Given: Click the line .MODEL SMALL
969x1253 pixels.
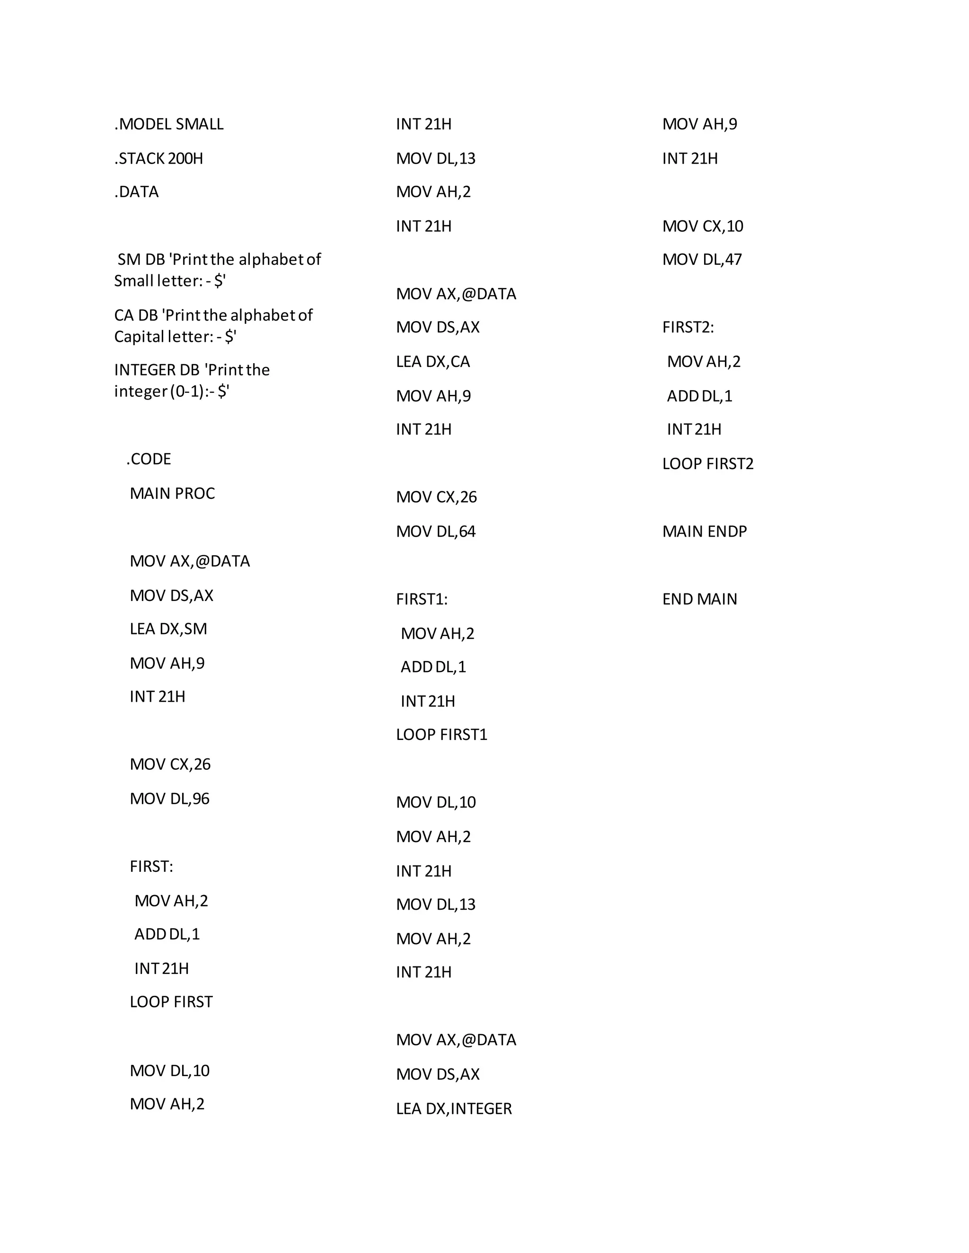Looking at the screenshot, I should tap(169, 124).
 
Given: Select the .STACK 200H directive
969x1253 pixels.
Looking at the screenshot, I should tap(159, 158).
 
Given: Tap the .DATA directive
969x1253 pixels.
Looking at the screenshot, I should tap(137, 192).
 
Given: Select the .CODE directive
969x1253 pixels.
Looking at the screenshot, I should tap(149, 460).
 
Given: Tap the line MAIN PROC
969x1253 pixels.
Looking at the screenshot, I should tap(172, 493).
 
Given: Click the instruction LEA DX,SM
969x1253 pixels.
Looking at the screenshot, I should tap(168, 629).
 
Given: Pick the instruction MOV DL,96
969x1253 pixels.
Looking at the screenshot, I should tap(169, 799).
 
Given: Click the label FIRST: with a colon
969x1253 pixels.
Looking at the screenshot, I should tap(151, 867).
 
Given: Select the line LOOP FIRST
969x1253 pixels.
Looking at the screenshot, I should tap(171, 1002).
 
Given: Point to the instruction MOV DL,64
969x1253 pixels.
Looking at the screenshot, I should tap(436, 532).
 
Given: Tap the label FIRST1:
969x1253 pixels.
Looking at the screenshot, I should tap(422, 600).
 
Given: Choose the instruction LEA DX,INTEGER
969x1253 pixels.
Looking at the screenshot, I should tap(453, 1109).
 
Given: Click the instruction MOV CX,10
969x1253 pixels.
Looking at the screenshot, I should tap(703, 226).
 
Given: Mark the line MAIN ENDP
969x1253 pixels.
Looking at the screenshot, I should tap(705, 532).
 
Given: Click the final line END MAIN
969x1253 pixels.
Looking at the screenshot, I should tap(699, 600).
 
